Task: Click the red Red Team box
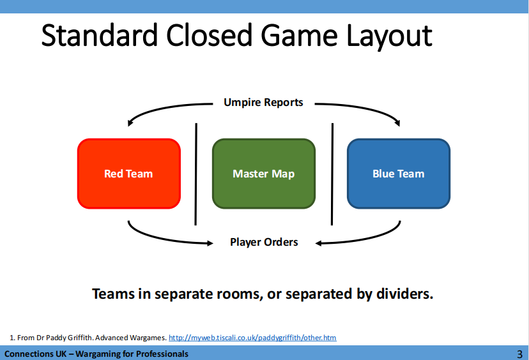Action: [129, 174]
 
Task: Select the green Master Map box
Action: [264, 174]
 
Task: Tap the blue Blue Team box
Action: [399, 174]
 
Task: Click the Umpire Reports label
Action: [263, 102]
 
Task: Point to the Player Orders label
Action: [264, 242]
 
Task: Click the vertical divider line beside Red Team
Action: [196, 174]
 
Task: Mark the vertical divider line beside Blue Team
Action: [332, 174]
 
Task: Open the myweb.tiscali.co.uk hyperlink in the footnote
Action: [252, 338]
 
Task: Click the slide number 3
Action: [519, 354]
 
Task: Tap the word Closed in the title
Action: [209, 35]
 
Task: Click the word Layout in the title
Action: [389, 36]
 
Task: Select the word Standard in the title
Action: [100, 35]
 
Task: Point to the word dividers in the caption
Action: [404, 294]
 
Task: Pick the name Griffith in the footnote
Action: [80, 338]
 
